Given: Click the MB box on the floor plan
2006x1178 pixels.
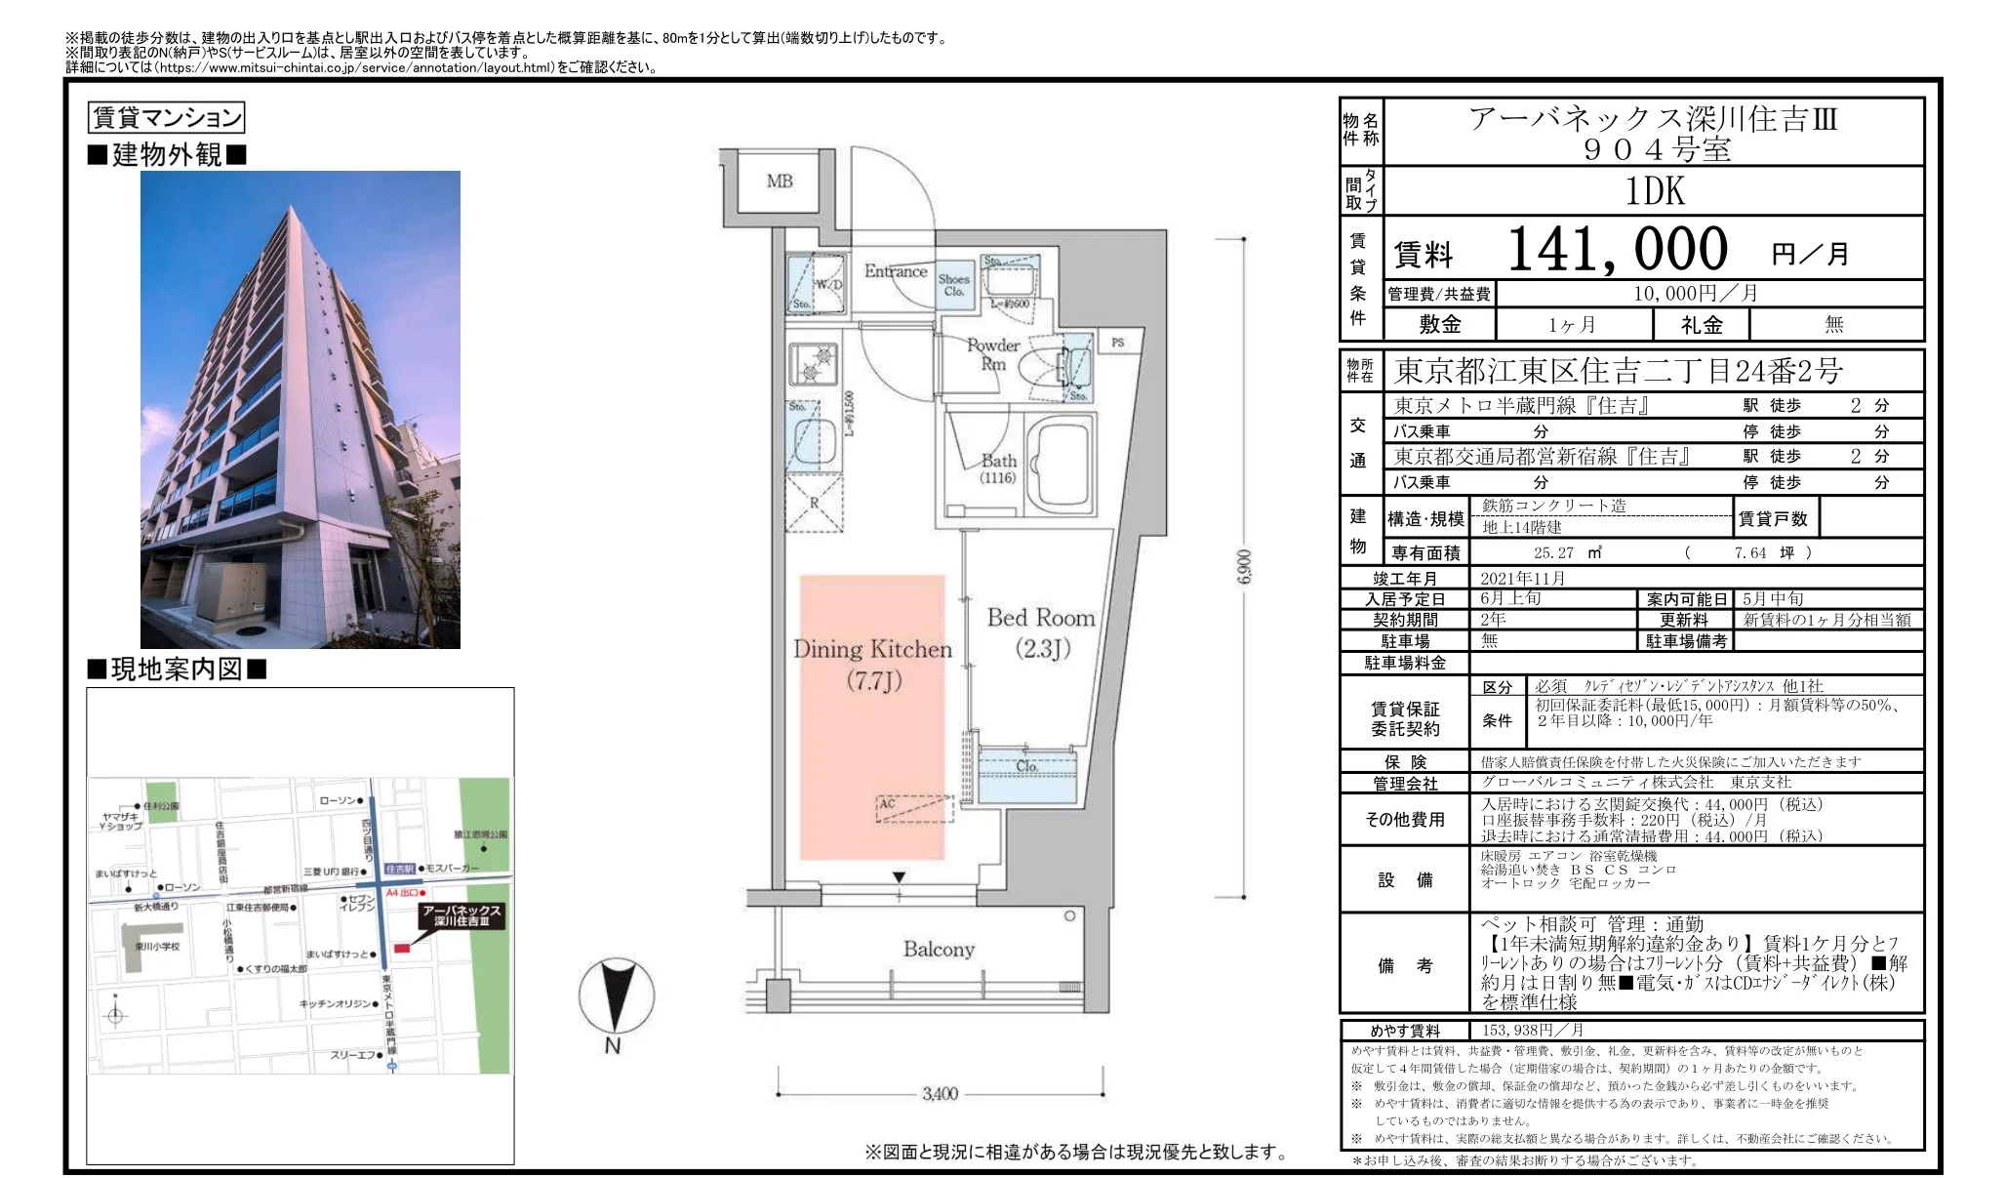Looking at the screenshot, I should pos(779,182).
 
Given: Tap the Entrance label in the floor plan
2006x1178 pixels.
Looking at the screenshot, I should pos(895,271).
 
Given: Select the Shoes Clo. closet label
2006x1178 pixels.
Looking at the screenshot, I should pos(954,284).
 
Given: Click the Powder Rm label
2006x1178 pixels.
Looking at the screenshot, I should pos(992,354).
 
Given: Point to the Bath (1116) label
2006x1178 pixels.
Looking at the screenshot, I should pos(998,468).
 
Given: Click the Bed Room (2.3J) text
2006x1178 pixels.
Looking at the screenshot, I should pos(1041,632).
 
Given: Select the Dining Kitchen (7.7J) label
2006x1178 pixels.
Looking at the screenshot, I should pos(872,664).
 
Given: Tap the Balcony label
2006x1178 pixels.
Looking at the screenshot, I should pos(938,949).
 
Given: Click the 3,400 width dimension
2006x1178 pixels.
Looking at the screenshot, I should pos(940,1094).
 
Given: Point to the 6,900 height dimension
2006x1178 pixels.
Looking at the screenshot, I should pos(1243,566).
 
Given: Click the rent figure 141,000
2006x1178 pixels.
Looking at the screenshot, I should pos(1617,250).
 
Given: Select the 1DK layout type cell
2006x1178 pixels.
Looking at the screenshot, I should pos(1654,191).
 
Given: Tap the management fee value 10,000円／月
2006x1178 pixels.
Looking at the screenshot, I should pos(1695,293).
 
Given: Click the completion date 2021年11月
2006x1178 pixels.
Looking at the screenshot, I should pos(1522,578).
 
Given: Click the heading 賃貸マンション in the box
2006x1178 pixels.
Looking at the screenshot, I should pos(166,118).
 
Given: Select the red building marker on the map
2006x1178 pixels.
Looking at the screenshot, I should pos(401,948).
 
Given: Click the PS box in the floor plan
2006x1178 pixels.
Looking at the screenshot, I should pos(1117,343).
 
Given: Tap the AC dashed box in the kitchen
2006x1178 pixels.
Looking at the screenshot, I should pos(913,808).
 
